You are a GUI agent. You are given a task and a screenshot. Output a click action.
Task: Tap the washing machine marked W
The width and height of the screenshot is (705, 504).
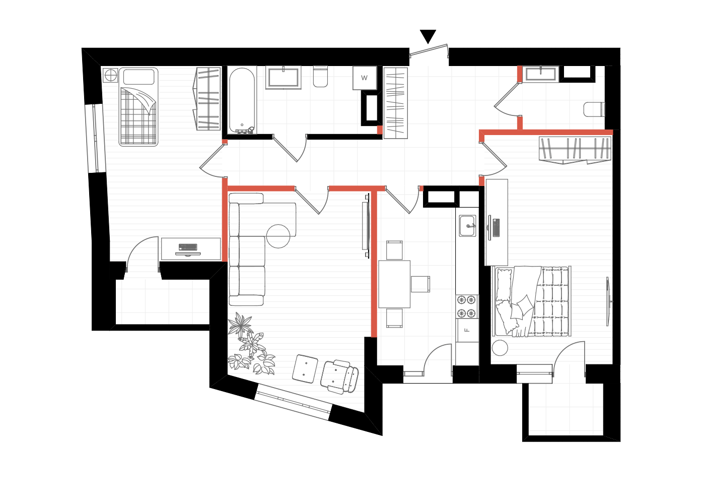click(365, 78)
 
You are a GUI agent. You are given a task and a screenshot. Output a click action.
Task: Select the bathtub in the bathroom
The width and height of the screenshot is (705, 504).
click(242, 100)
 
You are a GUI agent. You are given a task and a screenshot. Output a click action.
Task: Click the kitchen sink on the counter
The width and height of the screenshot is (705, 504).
click(467, 226)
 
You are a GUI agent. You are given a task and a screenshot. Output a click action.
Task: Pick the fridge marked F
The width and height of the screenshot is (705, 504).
click(467, 330)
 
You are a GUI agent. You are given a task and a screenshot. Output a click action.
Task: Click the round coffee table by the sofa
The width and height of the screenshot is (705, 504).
click(278, 236)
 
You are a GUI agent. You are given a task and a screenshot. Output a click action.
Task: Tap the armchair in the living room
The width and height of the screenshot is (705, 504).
click(339, 377)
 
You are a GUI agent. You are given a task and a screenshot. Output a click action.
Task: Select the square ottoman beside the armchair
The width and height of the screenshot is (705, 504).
click(305, 368)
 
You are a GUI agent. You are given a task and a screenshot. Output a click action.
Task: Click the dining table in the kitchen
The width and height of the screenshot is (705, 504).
click(394, 284)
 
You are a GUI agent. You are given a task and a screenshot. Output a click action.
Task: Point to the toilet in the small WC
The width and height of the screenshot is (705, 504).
click(594, 109)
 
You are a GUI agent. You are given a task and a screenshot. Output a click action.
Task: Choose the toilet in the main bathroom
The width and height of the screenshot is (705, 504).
click(320, 76)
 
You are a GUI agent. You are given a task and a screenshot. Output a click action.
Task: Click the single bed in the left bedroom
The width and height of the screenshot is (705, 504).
click(138, 107)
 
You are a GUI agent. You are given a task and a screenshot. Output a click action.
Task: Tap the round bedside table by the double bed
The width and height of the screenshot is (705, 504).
click(500, 348)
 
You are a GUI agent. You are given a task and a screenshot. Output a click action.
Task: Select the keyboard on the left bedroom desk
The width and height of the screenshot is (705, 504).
click(188, 247)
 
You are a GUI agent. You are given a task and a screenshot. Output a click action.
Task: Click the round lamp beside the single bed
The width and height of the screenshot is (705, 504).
click(110, 75)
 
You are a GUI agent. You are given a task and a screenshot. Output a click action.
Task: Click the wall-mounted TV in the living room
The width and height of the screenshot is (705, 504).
click(367, 226)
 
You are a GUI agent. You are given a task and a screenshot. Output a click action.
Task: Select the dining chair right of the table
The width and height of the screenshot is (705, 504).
click(420, 284)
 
